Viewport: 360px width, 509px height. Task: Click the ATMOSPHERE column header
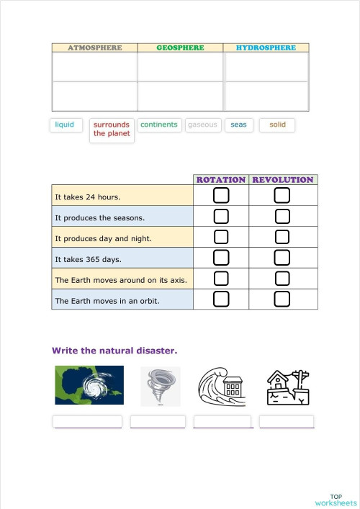94,48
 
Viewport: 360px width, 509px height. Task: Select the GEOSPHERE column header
180,48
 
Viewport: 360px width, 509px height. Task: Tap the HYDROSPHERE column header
266,48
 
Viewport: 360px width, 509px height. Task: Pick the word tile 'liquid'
65,125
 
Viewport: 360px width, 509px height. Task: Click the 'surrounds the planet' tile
112,130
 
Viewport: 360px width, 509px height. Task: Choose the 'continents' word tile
159,125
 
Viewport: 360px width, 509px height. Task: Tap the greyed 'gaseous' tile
202,125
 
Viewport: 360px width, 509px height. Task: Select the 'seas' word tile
238,125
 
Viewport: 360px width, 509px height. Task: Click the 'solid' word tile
277,125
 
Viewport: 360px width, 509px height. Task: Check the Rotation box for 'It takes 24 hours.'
221,196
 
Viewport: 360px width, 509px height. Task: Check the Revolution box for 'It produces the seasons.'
282,217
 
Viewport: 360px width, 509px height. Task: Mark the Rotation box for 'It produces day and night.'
221,238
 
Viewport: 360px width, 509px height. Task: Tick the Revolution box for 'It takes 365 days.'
282,258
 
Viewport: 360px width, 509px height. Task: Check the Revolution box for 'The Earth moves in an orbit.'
282,299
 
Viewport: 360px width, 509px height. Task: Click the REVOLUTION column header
283,179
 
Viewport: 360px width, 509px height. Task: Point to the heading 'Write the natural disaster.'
114,351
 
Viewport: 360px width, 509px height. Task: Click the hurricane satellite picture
89,385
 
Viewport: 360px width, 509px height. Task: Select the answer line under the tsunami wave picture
223,423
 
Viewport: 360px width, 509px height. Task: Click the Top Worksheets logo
336,500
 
